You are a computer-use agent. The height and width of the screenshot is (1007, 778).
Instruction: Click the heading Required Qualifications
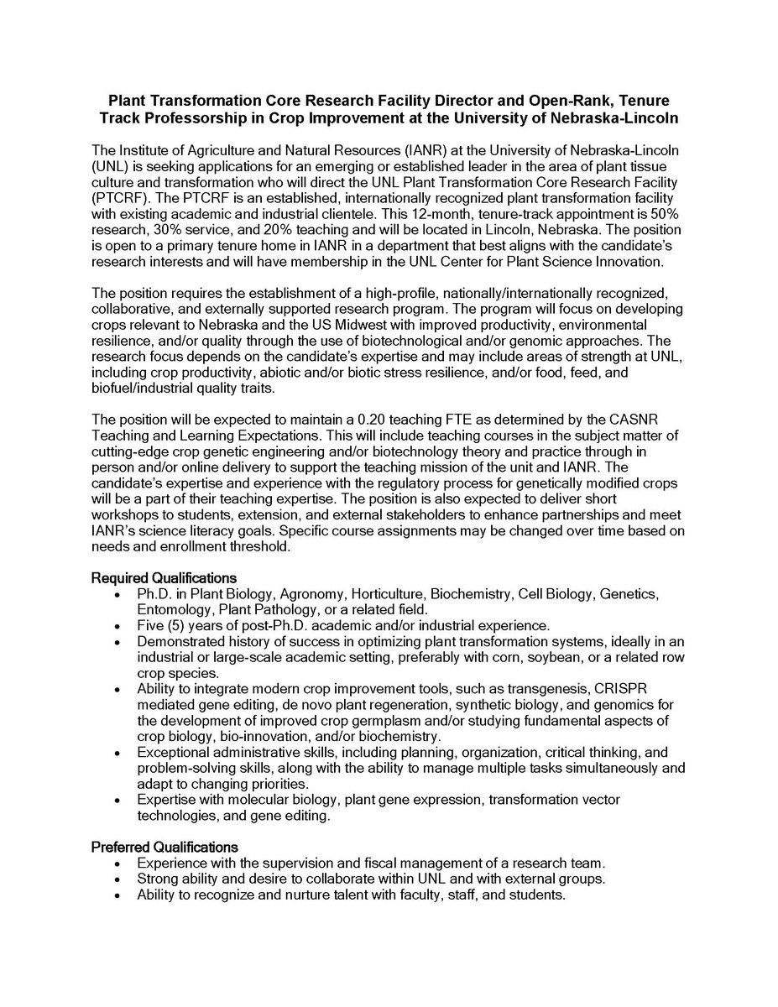tap(164, 578)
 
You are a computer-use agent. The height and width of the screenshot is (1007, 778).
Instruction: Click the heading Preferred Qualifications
tap(164, 847)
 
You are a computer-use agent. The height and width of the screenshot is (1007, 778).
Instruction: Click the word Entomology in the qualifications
tap(172, 609)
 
